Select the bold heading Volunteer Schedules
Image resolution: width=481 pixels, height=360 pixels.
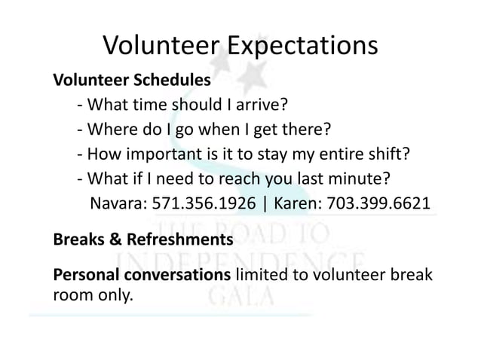(131, 80)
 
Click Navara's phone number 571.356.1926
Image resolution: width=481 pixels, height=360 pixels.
(200, 205)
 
